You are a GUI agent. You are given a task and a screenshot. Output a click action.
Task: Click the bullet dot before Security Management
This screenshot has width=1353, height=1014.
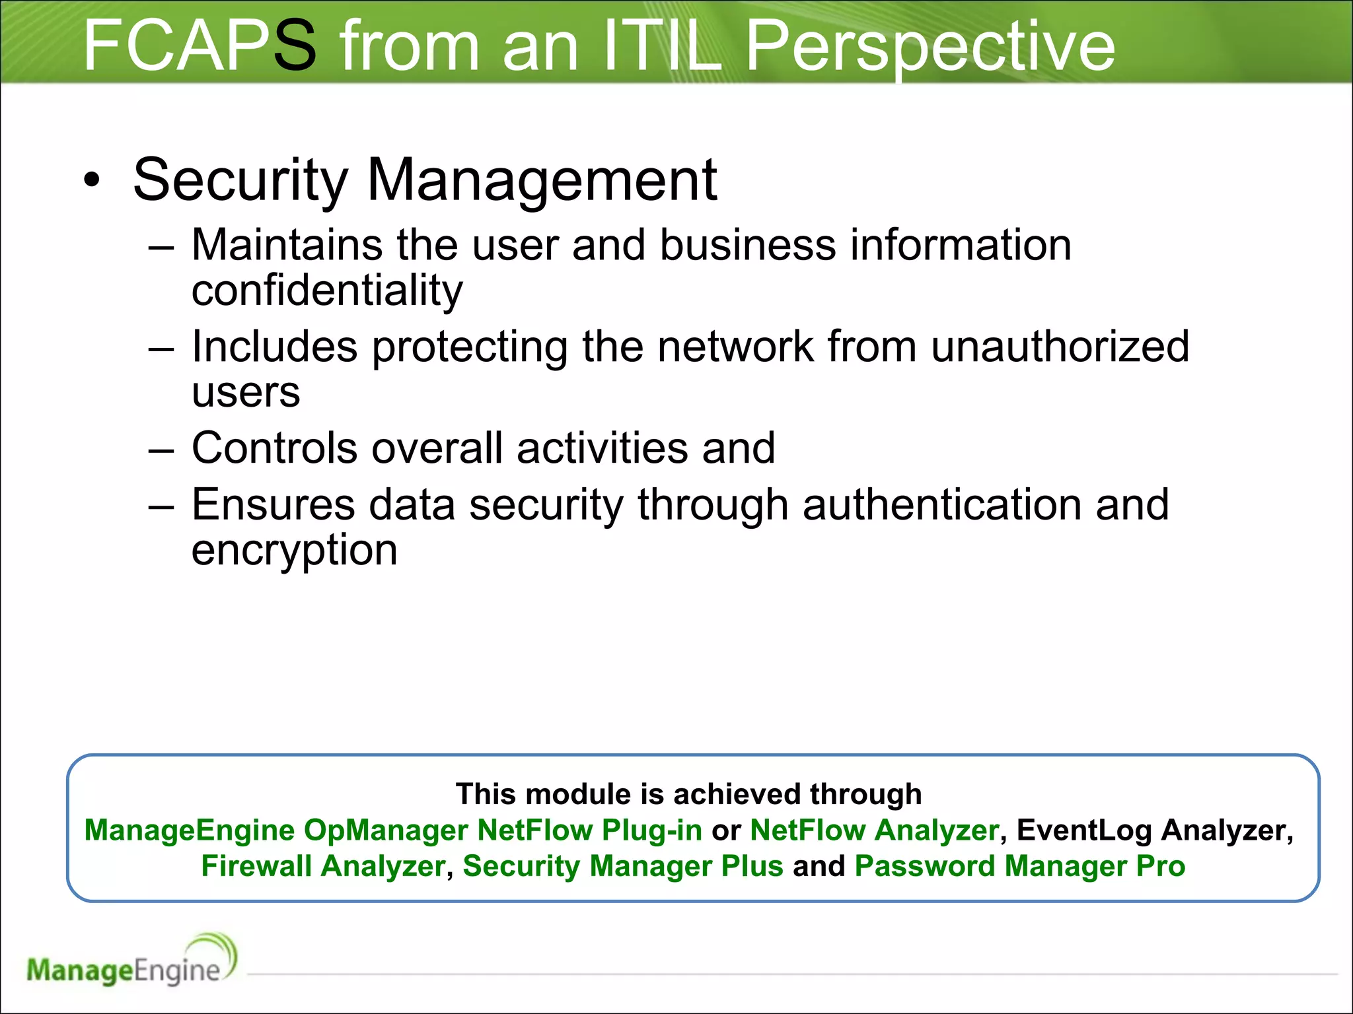(92, 180)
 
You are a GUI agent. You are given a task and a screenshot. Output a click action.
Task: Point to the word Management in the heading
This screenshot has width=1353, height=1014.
(542, 180)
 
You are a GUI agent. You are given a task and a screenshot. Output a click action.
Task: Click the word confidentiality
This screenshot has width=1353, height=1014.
(327, 290)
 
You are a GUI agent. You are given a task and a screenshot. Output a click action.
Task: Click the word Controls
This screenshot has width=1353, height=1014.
(274, 448)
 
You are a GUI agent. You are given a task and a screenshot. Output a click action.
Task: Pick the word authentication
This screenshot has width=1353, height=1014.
(942, 504)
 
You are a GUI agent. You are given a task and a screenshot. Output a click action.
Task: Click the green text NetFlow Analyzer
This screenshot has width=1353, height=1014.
(874, 830)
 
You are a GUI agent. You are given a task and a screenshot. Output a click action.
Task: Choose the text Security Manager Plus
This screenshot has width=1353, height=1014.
(622, 866)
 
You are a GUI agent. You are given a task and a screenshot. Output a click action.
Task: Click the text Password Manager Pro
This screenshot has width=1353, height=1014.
(1019, 866)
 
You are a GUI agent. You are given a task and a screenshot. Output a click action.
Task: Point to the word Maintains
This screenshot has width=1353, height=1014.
(287, 245)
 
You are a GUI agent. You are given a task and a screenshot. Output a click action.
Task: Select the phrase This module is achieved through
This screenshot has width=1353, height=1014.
(688, 794)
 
